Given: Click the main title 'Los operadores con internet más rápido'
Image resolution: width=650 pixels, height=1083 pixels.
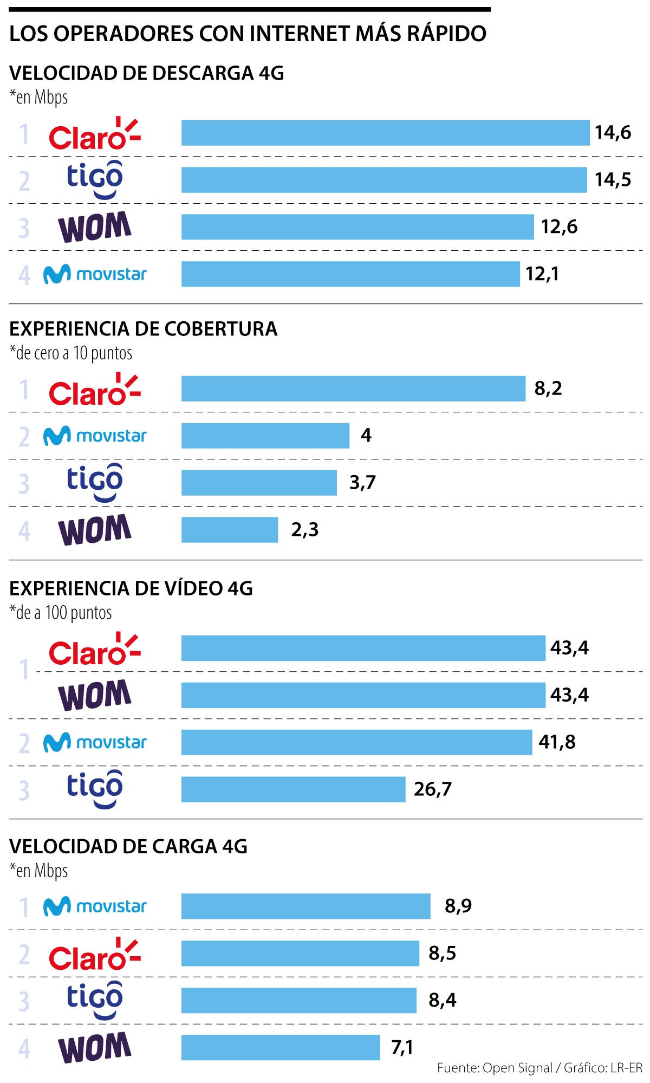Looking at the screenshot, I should pyautogui.click(x=248, y=34).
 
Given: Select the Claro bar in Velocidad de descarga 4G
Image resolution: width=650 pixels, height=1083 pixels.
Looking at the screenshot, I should pyautogui.click(x=385, y=133).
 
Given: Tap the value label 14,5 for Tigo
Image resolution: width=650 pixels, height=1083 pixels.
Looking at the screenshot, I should pyautogui.click(x=613, y=180).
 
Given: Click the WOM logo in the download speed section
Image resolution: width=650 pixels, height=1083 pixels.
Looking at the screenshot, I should pyautogui.click(x=95, y=226).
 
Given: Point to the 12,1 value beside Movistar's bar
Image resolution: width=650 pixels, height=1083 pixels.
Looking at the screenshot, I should pyautogui.click(x=542, y=274).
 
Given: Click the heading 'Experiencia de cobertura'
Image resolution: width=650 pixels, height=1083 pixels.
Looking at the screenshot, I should pyautogui.click(x=143, y=329).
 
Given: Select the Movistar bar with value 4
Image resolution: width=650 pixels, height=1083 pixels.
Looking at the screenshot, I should pyautogui.click(x=265, y=436).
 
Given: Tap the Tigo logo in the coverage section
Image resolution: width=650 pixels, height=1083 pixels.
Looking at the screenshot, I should pyautogui.click(x=95, y=482).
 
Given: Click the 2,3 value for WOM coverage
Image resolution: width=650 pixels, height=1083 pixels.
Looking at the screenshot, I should pyautogui.click(x=304, y=530).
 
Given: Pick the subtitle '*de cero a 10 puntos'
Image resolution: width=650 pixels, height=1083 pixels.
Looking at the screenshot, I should pyautogui.click(x=71, y=353).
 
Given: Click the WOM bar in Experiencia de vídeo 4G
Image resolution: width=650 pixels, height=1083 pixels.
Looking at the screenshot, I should pyautogui.click(x=363, y=695).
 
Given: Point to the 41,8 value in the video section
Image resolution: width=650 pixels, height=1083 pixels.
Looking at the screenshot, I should pyautogui.click(x=557, y=742).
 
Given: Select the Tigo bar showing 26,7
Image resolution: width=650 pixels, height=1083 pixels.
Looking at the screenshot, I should pyautogui.click(x=293, y=789).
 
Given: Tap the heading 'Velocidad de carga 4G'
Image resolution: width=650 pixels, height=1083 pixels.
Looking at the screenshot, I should pyautogui.click(x=128, y=846).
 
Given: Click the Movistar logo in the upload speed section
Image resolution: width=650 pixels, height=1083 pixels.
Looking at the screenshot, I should pyautogui.click(x=95, y=906).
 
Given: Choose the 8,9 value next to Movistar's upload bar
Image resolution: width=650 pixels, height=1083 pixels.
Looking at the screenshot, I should pyautogui.click(x=458, y=906).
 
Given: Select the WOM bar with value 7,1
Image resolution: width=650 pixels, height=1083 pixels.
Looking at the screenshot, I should pyautogui.click(x=281, y=1047).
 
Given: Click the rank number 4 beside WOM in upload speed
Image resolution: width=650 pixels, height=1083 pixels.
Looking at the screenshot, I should pyautogui.click(x=24, y=1049).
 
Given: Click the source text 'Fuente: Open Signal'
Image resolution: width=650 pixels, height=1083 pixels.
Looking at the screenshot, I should pyautogui.click(x=494, y=1068).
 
